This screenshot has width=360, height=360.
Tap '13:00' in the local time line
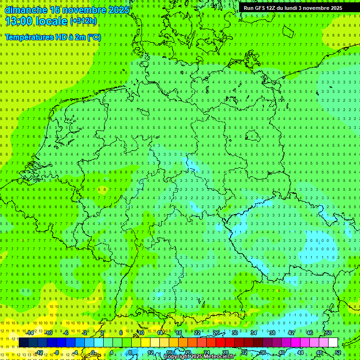pyautogui.click(x=19, y=21)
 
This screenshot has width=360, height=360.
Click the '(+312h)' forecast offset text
pyautogui.click(x=83, y=21)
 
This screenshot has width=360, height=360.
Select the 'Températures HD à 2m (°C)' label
pyautogui.click(x=53, y=37)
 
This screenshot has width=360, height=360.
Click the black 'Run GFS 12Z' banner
pyautogui.click(x=293, y=8)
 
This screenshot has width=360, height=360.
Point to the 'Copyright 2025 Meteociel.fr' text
pyautogui.click(x=199, y=357)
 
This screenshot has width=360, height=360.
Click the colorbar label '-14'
pyautogui.click(x=30, y=333)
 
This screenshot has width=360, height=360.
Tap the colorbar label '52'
pyautogui.click(x=338, y=352)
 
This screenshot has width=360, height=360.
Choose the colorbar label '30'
pyautogui.click(x=235, y=333)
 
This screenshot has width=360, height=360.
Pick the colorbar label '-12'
pyautogui.click(x=39, y=352)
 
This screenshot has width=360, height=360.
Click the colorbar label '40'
pyautogui.click(x=282, y=352)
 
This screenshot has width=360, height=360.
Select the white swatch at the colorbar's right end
pyautogui.click(x=333, y=342)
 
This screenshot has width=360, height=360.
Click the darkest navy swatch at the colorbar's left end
pyautogui.click(x=23, y=342)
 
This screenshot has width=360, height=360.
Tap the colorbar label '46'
pyautogui.click(x=310, y=333)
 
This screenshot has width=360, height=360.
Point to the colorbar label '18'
pyautogui.click(x=179, y=333)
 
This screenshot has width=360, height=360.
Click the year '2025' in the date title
pyautogui.click(x=119, y=9)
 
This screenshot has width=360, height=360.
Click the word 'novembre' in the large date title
pyautogui.click(x=85, y=9)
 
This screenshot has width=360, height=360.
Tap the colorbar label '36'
pyautogui.click(x=263, y=352)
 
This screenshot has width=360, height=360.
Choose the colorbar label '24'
pyautogui.click(x=207, y=352)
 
